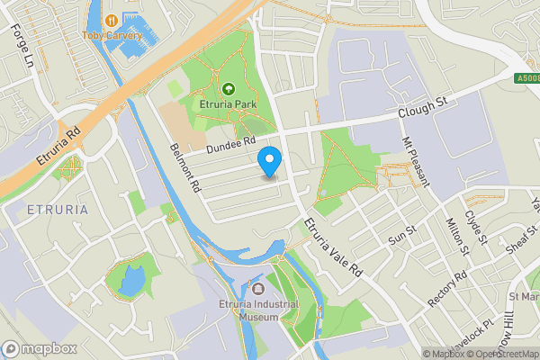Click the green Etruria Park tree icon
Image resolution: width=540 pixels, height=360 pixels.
pos(228,89)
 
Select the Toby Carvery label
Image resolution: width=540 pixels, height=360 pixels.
pos(112,35)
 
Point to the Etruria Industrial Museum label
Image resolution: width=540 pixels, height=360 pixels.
pos(258,310)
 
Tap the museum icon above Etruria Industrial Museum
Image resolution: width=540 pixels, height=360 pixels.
pos(258,289)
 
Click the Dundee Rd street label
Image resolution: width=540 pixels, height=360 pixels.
pos(230,145)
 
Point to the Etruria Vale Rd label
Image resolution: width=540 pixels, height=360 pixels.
pos(331,245)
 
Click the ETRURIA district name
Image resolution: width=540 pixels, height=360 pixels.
pos(57,210)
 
